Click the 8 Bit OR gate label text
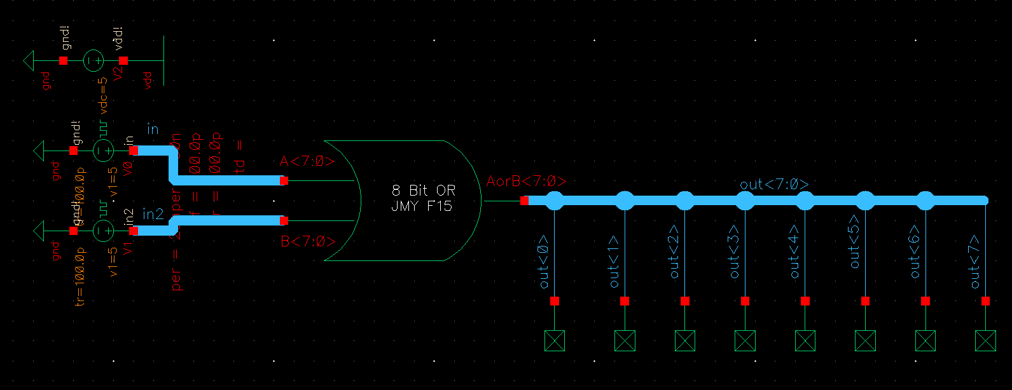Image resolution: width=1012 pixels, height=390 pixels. pyautogui.click(x=423, y=198)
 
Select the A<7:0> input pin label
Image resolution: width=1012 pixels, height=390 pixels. pyautogui.click(x=307, y=162)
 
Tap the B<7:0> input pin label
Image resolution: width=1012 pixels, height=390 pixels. pyautogui.click(x=308, y=242)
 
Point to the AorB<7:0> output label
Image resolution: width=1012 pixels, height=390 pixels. pyautogui.click(x=526, y=182)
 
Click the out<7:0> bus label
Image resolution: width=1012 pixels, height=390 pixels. pyautogui.click(x=774, y=184)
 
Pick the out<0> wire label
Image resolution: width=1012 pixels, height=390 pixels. pyautogui.click(x=544, y=261)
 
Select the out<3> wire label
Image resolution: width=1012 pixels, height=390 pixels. pyautogui.click(x=735, y=252)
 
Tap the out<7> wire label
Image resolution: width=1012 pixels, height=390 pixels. pyautogui.click(x=975, y=261)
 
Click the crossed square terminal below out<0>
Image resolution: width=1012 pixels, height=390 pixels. pyautogui.click(x=555, y=341)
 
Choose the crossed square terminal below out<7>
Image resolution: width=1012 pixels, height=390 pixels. pyautogui.click(x=985, y=341)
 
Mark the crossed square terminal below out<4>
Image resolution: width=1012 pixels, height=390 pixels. pyautogui.click(x=805, y=341)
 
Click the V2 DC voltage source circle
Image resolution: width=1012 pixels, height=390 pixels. pyautogui.click(x=94, y=61)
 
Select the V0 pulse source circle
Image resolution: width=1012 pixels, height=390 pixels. pyautogui.click(x=103, y=151)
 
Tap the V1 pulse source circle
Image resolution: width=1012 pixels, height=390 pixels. pyautogui.click(x=103, y=231)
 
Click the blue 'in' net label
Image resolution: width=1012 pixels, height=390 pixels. pyautogui.click(x=153, y=130)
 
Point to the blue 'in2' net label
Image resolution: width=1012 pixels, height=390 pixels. pyautogui.click(x=153, y=215)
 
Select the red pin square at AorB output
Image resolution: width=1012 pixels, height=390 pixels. pyautogui.click(x=524, y=201)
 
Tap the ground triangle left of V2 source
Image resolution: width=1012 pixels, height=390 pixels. pyautogui.click(x=28, y=61)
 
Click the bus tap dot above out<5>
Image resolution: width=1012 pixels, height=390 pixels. pyautogui.click(x=865, y=201)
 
